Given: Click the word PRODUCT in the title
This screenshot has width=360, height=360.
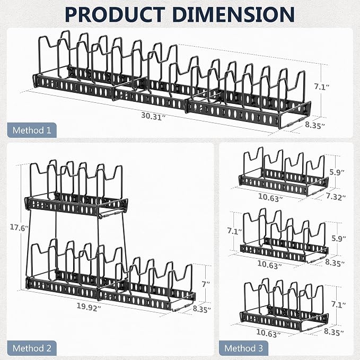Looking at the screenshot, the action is point(115,14).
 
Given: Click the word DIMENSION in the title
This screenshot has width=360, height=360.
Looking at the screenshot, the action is point(233,14).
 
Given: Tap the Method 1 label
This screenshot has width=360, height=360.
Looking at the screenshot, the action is point(32,130).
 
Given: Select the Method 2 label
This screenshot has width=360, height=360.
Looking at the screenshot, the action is point(32,348).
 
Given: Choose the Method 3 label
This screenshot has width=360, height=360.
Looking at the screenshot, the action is point(243,348).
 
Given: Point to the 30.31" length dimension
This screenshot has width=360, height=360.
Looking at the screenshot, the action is point(153,116).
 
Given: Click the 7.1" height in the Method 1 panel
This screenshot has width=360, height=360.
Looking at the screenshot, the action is point(322,87).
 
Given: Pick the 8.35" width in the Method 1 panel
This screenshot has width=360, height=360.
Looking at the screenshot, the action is point(315,125).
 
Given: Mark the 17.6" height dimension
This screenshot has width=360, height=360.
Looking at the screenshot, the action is point(19,227).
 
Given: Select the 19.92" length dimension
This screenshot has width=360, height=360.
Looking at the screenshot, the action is point(89,306).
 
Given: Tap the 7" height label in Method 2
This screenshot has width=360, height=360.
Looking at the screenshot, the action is point(206,284).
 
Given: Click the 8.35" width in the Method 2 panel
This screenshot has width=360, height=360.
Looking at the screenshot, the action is point(201,309).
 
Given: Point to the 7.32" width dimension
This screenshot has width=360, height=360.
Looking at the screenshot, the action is point(336,197).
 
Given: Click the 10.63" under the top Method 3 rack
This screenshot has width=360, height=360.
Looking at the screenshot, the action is point(270,198).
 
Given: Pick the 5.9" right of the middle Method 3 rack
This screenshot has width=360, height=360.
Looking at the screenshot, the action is point(338,238).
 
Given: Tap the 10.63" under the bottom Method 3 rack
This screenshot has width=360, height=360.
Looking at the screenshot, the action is point(268,333).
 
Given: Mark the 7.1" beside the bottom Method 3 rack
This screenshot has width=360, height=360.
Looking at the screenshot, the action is point(338,304).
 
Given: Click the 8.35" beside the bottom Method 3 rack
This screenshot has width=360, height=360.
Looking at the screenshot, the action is point(334,331).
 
